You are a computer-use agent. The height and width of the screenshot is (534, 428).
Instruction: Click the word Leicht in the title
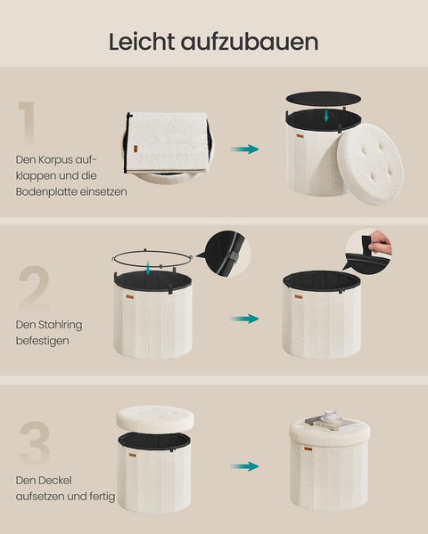(x=142, y=41)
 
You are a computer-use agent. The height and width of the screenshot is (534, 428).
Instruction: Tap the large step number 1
(x=28, y=125)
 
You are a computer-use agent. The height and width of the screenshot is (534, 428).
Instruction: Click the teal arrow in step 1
(x=243, y=149)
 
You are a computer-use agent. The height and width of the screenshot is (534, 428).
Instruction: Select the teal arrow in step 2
(x=243, y=318)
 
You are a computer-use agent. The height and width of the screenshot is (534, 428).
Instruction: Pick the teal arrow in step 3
(x=243, y=465)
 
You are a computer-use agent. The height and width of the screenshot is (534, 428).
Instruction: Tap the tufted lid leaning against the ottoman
(x=369, y=162)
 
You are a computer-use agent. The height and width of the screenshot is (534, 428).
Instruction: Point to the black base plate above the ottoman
(x=323, y=98)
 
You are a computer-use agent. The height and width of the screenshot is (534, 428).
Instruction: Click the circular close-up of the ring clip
(x=226, y=254)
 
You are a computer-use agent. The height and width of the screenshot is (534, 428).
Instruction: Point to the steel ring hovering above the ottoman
(x=153, y=258)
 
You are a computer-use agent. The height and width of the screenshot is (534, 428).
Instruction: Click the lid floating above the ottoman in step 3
(x=154, y=418)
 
